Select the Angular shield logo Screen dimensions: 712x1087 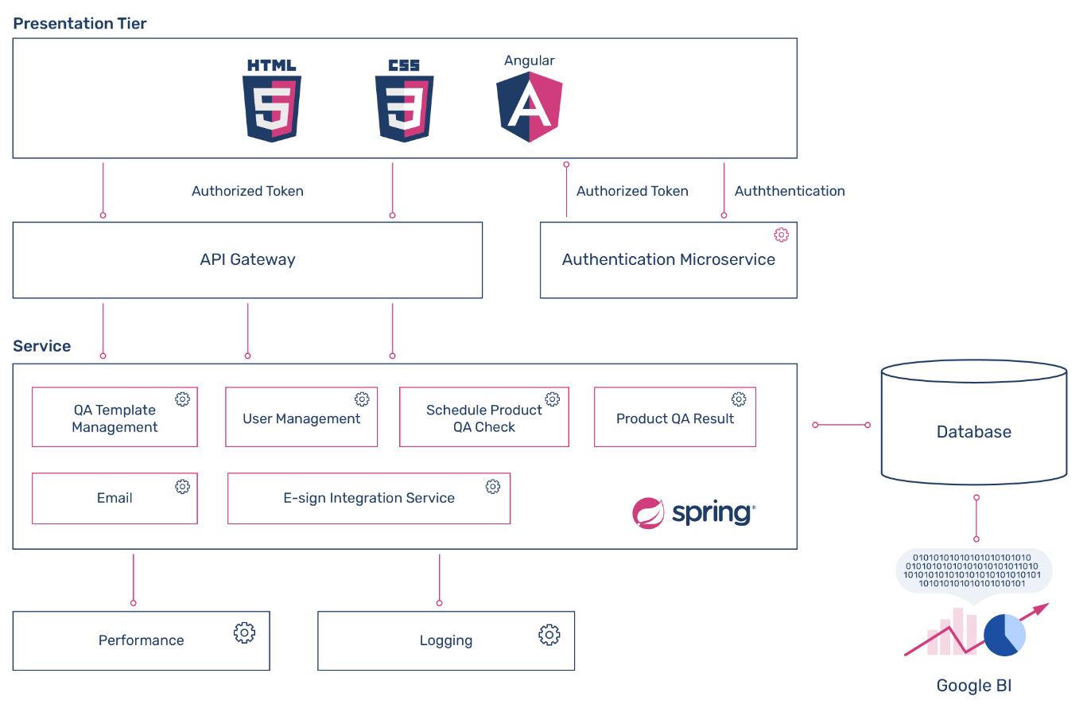(x=530, y=107)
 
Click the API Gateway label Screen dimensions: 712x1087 (x=247, y=259)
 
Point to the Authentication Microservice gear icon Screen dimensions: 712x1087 (x=782, y=235)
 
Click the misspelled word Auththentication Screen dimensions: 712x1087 (x=790, y=191)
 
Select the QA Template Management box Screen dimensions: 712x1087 (x=115, y=417)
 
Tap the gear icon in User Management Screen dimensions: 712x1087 (x=362, y=399)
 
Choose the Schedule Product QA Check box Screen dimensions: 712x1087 (x=483, y=417)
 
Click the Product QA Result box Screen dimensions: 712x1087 (x=674, y=417)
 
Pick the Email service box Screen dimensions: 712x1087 (x=115, y=498)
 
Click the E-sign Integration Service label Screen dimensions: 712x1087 (x=369, y=498)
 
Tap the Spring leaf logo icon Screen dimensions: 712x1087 (x=648, y=513)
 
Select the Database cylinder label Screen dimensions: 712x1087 (x=974, y=432)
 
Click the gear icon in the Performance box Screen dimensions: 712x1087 (x=244, y=633)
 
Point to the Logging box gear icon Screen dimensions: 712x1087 (x=549, y=634)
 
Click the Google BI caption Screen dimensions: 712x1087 (x=974, y=686)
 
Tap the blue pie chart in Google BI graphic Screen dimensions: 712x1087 (x=1004, y=635)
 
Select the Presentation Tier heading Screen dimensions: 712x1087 (x=80, y=24)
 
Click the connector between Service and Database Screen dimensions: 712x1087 (x=841, y=425)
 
